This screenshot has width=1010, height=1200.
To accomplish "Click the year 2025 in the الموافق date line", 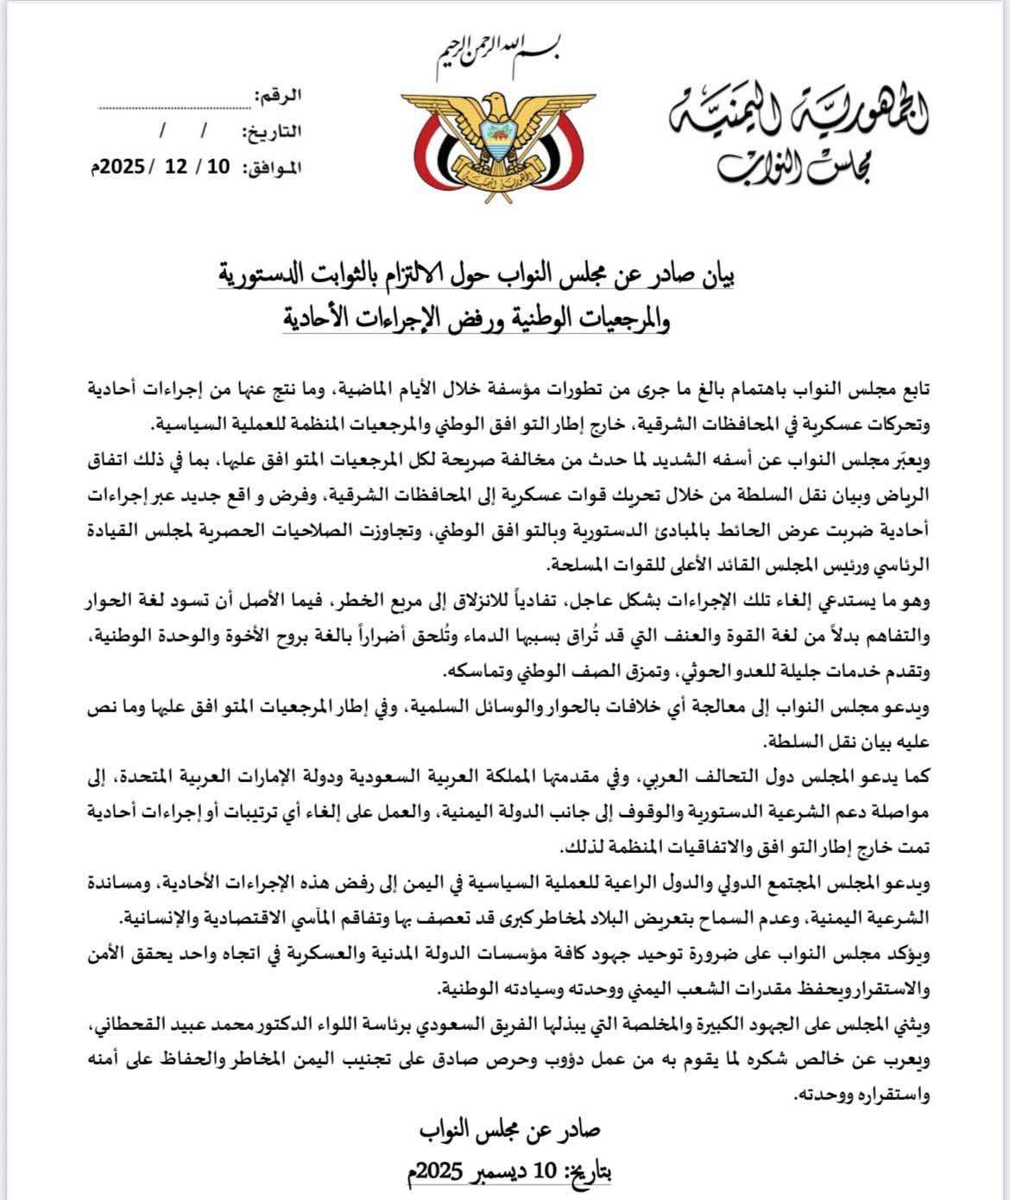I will (123, 167).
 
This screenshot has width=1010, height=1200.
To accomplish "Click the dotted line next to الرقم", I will (173, 107).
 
